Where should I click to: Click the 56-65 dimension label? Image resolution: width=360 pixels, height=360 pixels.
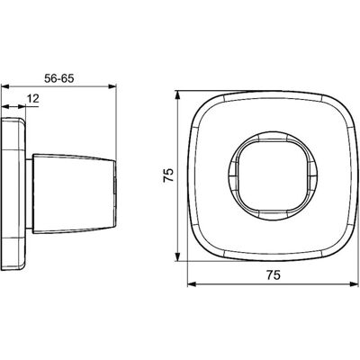coord(58,78)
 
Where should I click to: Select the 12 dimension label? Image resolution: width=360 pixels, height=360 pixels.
coord(33,98)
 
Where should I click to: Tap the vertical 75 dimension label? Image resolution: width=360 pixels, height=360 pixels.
coord(168,175)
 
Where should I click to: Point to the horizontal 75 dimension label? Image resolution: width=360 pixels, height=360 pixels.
coord(273,274)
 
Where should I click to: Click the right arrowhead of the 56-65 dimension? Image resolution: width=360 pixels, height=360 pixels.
coord(112,86)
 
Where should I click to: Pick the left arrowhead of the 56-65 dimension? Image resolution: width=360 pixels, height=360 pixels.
coord(5,86)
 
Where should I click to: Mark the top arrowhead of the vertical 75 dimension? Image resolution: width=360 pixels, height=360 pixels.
coord(178,95)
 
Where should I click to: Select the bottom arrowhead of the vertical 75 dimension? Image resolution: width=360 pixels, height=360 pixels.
coord(178,256)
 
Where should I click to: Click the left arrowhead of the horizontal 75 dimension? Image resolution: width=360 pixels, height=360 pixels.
coord(192,284)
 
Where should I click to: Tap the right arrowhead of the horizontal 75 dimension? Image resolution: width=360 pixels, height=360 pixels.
coord(355,284)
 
